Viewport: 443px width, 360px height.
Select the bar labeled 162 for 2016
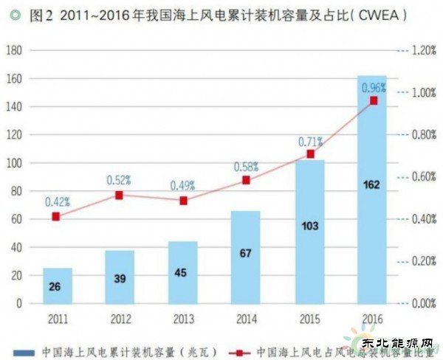[x=372, y=221]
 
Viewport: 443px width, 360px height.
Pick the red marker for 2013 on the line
[x=183, y=201]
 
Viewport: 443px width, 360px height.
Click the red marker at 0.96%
[x=373, y=100]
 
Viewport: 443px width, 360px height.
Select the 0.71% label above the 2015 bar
[x=308, y=140]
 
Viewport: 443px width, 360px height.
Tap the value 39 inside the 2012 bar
[x=120, y=280]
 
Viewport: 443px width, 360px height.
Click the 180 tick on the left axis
[x=15, y=50]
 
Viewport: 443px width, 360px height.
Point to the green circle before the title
[x=8, y=14]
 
